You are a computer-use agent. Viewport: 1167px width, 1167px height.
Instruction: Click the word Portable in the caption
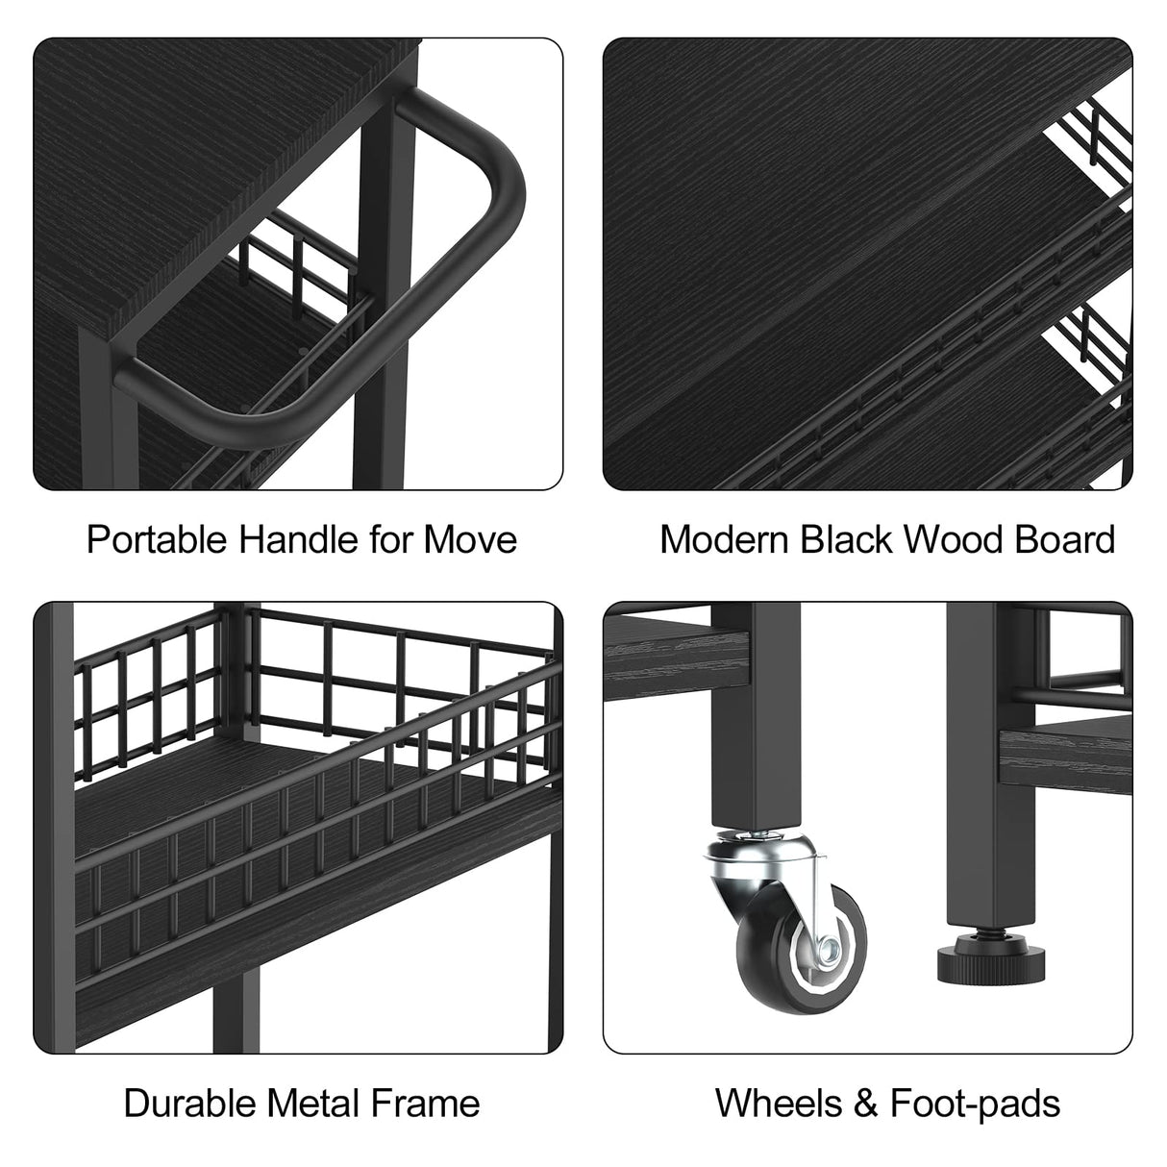pos(158,539)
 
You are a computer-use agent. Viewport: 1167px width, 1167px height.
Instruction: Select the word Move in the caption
pos(470,539)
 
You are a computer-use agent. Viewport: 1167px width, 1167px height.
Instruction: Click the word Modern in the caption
pos(724,539)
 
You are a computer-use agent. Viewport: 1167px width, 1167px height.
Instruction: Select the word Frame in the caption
pos(425,1103)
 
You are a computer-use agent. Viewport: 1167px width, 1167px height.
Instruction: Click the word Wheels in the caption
pos(779,1103)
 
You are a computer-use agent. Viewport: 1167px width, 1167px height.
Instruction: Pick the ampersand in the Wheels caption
pos(865,1103)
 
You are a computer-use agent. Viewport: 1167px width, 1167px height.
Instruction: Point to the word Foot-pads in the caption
pos(976,1104)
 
